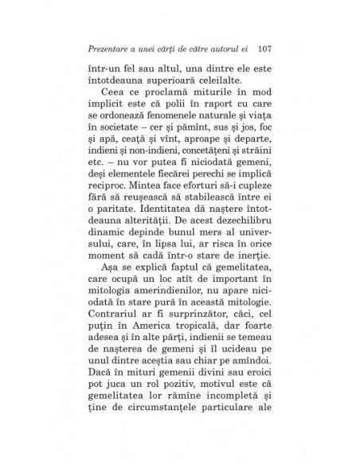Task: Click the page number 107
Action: [266, 45]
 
